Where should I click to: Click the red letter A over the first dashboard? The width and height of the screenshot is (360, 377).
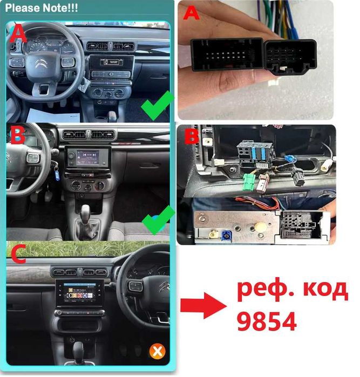[x=18, y=36]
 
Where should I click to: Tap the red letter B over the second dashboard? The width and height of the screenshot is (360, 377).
[x=18, y=136]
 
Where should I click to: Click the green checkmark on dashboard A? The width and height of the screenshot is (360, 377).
[x=157, y=106]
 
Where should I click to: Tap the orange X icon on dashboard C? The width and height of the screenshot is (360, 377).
[x=157, y=352]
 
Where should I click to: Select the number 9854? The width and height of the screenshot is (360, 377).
[x=267, y=321]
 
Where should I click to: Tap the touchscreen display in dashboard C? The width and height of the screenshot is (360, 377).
[x=79, y=296]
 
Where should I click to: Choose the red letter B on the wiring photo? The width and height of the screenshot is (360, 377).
[x=192, y=136]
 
